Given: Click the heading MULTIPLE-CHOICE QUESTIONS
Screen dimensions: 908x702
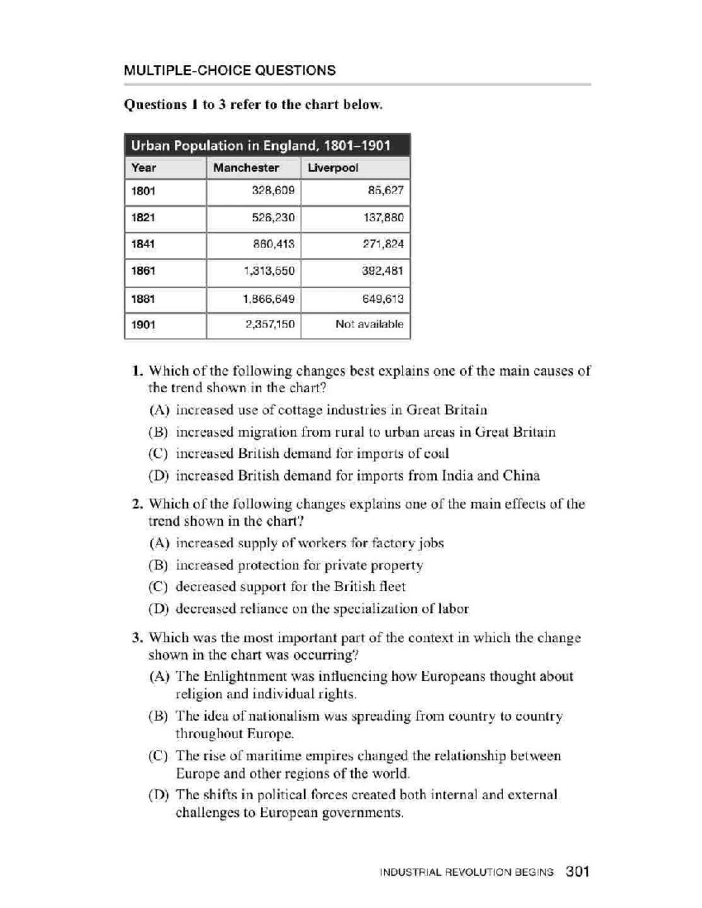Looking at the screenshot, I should point(229,71).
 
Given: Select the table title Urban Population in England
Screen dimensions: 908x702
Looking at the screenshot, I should point(260,146).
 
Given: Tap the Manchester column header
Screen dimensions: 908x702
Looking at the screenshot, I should point(246,168).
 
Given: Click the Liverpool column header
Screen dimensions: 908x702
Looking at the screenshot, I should point(332,168).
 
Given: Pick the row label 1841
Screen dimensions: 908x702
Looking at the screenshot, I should point(143,244).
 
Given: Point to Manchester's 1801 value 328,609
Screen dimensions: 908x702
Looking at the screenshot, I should point(273,191).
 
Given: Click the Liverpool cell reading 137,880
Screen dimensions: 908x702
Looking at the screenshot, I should point(383,217).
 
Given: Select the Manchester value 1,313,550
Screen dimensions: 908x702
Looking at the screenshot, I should point(269,271).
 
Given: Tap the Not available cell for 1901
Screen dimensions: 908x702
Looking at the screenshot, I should point(369,324).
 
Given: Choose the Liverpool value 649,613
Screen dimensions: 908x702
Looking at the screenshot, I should point(383,299).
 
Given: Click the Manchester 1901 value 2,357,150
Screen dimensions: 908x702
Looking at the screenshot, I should point(269,324).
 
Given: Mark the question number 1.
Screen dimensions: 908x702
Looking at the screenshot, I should point(137,371).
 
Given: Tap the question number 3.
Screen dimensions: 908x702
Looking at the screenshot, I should point(137,637).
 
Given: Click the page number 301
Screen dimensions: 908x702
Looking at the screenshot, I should point(577,872).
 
